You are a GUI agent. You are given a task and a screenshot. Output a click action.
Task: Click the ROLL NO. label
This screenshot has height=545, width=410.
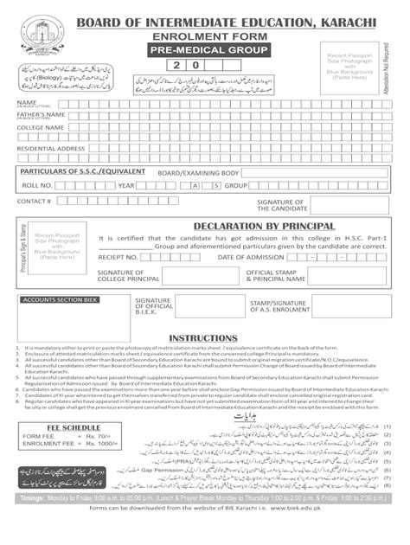(x=37, y=185)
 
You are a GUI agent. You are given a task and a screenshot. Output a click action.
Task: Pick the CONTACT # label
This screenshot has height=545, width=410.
(x=34, y=201)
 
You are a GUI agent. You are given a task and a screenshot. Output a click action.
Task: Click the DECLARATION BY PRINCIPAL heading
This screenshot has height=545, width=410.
(x=247, y=225)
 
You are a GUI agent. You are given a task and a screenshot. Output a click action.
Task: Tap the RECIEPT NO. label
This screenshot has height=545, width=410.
(x=119, y=257)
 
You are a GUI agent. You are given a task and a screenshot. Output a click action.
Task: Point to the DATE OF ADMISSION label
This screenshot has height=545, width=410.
(x=251, y=257)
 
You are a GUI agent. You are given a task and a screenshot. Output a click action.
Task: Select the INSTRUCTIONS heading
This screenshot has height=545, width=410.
(x=203, y=338)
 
